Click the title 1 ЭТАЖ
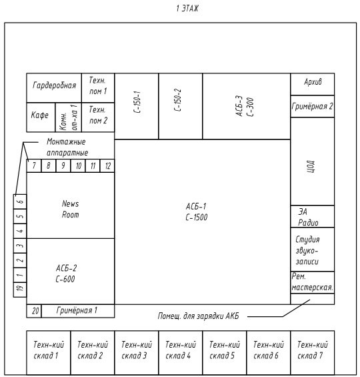coord(187,9)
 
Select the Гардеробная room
coord(54,88)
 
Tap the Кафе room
coord(41,117)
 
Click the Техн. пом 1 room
coord(98,88)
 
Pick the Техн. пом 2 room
coord(98,117)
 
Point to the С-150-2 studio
coord(181,106)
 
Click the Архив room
coord(312,84)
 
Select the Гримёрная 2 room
coord(312,106)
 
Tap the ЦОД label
coord(311,166)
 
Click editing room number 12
coord(107,165)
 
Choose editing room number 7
coord(34,165)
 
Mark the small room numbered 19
coord(20,290)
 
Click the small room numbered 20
coord(34,311)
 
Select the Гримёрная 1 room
coord(78,311)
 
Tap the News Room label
coord(70,209)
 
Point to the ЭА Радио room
coord(312,216)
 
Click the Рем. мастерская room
coord(312,282)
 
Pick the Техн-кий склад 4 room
coord(181,352)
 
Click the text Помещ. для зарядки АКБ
coord(199,316)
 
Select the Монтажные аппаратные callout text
coord(67,147)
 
